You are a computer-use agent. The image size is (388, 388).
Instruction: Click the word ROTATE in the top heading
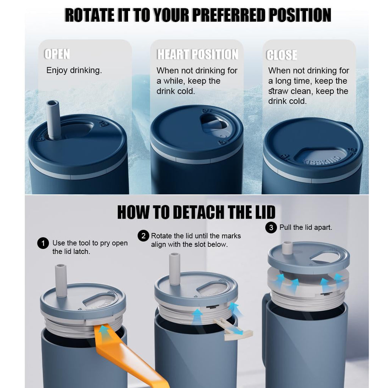tap(89, 15)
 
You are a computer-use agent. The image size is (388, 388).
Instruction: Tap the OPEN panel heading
tap(57, 54)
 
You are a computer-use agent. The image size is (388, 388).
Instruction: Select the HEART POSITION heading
tap(197, 54)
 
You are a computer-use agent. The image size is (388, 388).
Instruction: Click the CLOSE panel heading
tap(282, 55)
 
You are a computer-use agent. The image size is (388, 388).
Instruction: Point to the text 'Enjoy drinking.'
tap(74, 70)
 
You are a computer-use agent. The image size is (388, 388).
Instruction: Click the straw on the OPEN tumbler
tap(53, 119)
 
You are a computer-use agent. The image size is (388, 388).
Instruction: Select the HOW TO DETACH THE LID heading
tap(196, 212)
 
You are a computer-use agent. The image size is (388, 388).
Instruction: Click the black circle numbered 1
tap(43, 243)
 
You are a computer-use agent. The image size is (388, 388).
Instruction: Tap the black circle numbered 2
tap(143, 236)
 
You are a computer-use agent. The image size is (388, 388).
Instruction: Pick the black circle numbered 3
tap(271, 227)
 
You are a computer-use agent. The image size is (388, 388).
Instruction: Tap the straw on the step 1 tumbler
tap(61, 280)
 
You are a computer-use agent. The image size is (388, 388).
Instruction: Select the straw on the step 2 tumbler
tap(174, 269)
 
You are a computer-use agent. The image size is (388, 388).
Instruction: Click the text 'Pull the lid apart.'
tap(306, 227)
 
